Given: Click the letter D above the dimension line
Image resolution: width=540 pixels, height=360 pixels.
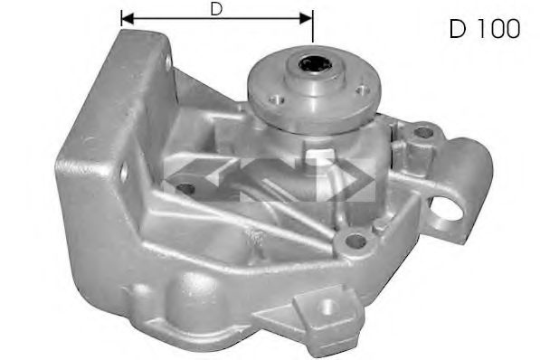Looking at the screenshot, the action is [216, 9].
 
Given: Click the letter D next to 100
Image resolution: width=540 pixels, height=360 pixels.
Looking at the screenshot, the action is [458, 29].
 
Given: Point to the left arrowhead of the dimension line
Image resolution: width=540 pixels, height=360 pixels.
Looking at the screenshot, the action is [128, 19].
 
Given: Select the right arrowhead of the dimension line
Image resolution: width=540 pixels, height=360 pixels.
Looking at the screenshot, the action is [306, 19].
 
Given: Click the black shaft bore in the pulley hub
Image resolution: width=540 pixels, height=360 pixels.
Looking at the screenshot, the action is [315, 64].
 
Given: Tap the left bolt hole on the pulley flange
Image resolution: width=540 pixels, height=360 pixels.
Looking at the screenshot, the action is [277, 99].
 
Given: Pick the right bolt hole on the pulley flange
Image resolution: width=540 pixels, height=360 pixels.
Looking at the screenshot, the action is [362, 90].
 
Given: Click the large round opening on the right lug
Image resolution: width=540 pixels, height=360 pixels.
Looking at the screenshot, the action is [445, 208].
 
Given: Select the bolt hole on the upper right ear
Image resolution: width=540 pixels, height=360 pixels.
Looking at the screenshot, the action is [423, 132].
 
